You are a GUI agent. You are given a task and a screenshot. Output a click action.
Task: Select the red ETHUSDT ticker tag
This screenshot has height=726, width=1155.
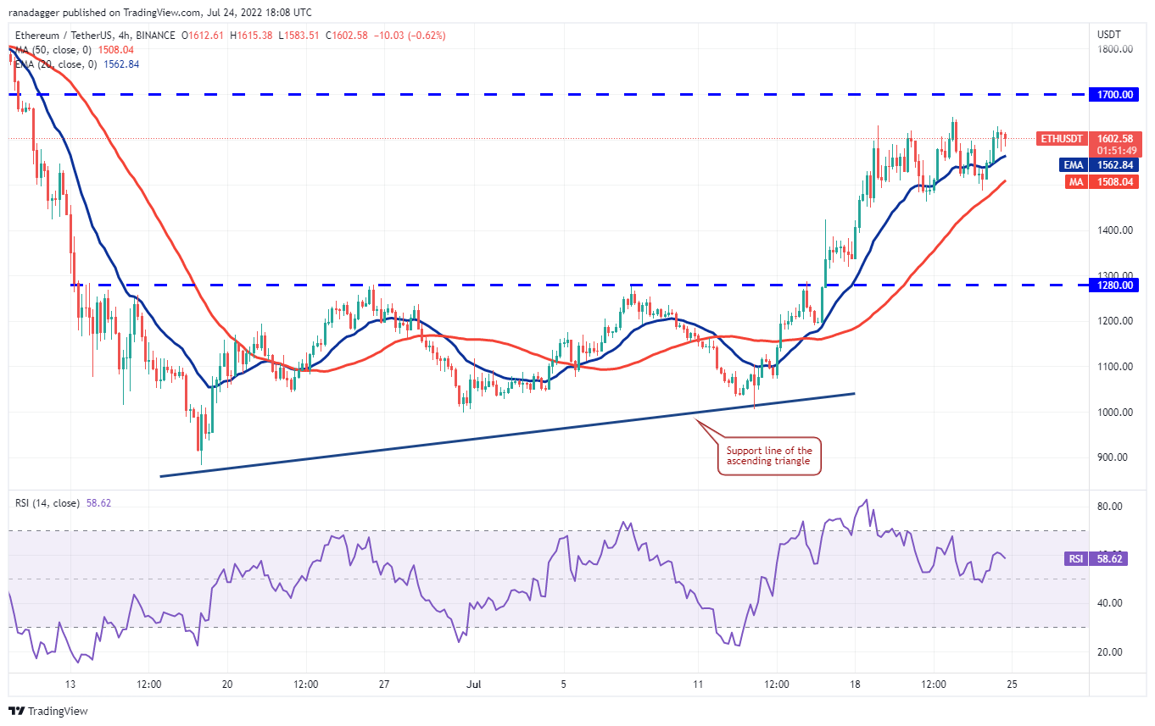click(x=1062, y=138)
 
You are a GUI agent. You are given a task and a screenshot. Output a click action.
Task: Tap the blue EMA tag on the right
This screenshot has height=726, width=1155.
click(x=1074, y=166)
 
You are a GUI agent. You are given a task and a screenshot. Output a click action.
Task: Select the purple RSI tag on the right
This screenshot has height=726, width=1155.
click(x=1074, y=559)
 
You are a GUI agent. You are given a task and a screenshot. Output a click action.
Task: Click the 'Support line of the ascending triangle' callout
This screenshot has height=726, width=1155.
click(x=769, y=456)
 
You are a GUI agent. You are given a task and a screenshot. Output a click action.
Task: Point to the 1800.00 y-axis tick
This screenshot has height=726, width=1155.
click(x=1115, y=49)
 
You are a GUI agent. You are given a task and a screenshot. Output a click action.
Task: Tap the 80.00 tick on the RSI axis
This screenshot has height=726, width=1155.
click(x=1110, y=507)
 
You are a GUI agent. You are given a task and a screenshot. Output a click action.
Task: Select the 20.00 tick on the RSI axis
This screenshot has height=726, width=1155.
click(x=1110, y=652)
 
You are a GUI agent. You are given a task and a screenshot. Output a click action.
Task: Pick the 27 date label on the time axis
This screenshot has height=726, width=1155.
click(x=384, y=684)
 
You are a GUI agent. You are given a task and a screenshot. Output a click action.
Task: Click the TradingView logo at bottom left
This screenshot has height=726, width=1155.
click(x=48, y=711)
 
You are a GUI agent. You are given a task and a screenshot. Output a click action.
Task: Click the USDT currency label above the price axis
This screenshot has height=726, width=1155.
click(x=1109, y=35)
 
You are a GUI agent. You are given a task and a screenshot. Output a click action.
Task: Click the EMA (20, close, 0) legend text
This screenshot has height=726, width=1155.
click(x=56, y=64)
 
